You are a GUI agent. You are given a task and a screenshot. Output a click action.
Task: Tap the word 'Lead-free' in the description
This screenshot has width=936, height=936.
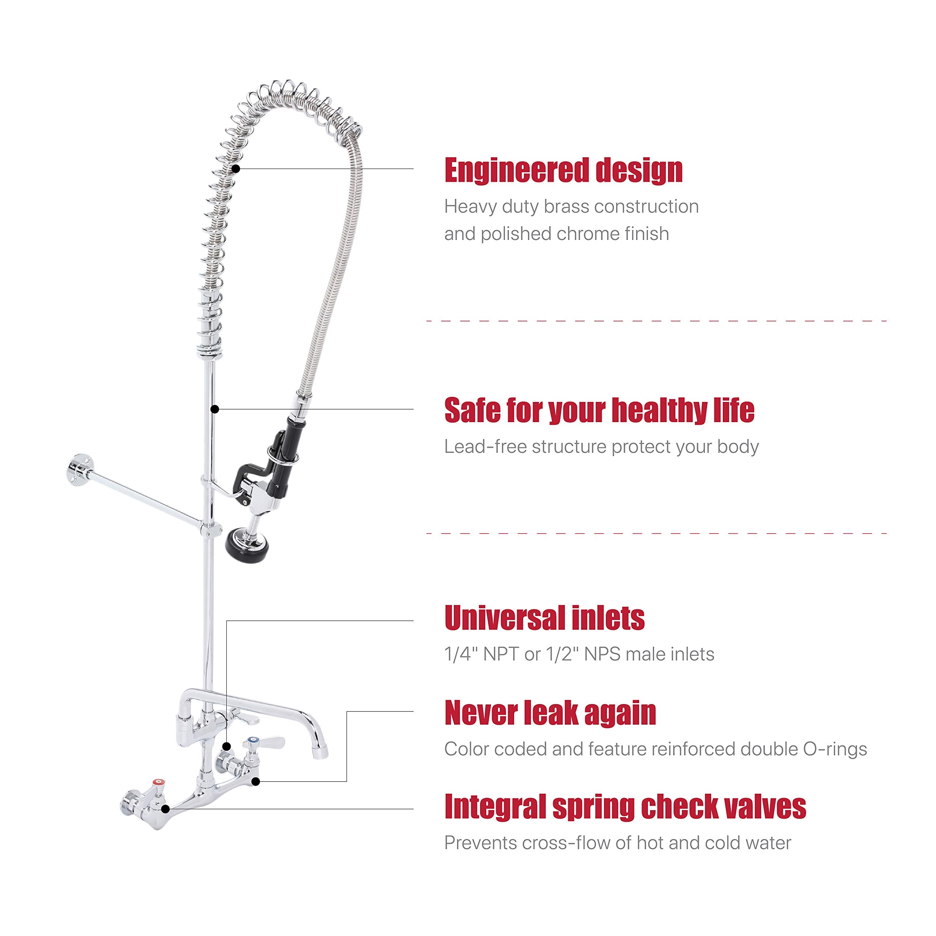click(x=486, y=447)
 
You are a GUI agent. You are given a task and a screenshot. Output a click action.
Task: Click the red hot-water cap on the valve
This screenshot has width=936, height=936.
click(x=158, y=782)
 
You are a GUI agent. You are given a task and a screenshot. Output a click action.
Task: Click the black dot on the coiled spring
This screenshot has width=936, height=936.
click(x=236, y=169)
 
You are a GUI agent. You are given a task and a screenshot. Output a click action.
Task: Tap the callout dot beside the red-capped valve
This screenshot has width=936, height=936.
click(x=165, y=808)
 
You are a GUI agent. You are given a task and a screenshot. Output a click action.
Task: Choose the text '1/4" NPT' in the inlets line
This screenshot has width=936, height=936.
click(x=482, y=654)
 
